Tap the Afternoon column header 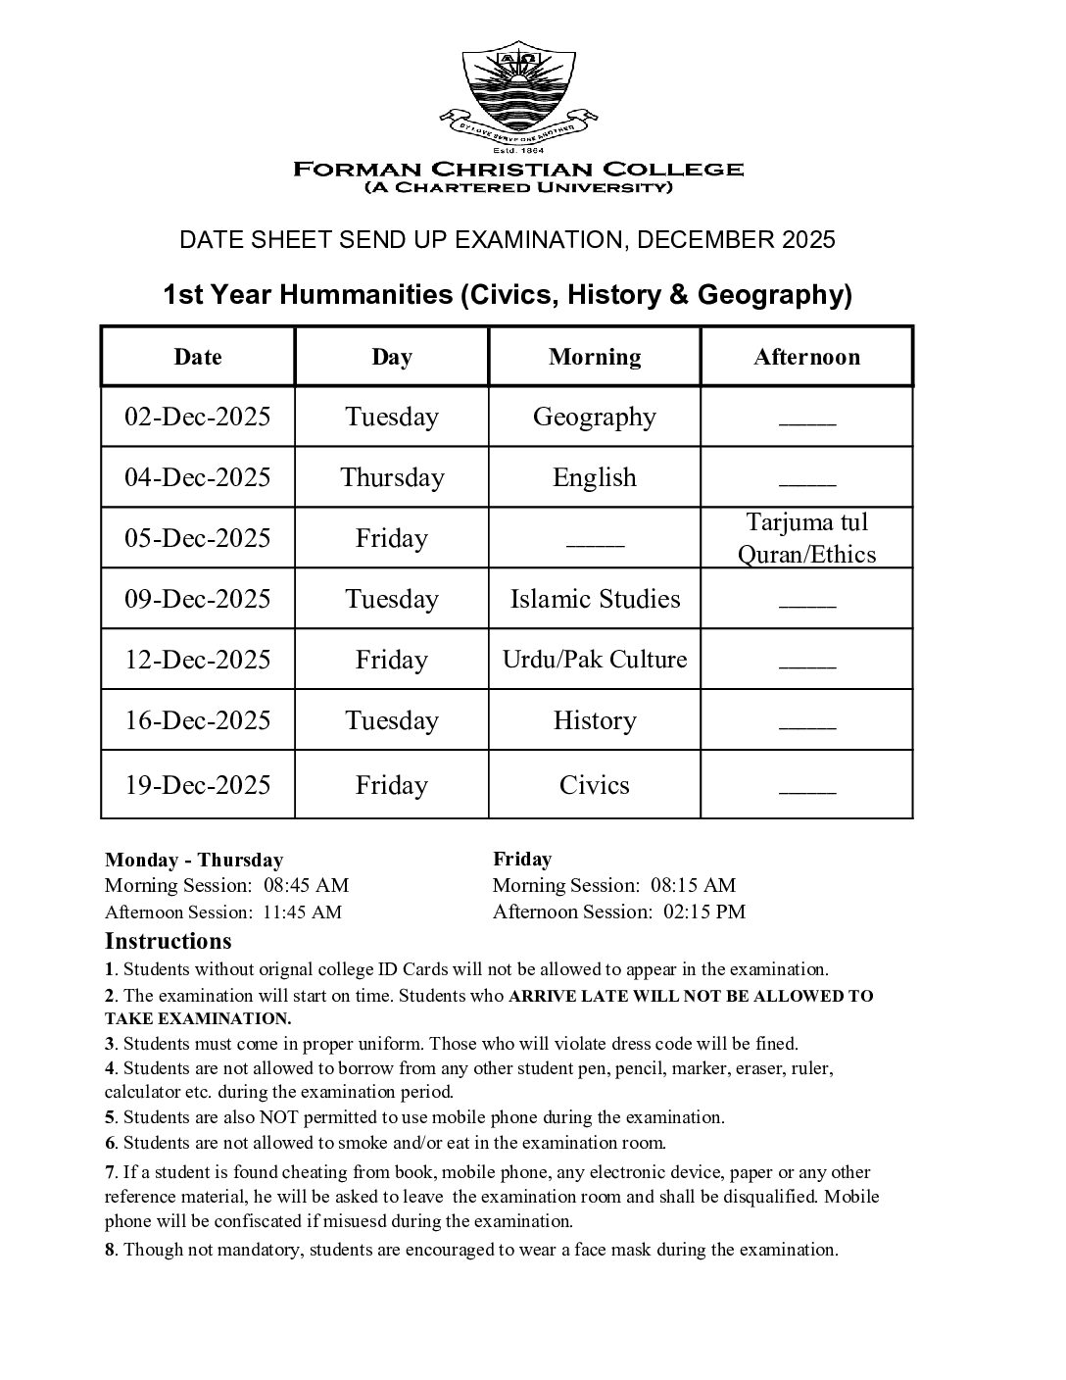(x=806, y=357)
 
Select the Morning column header (x=595, y=357)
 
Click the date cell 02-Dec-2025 (x=197, y=417)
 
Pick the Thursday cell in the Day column (x=392, y=477)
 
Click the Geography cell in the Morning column (x=595, y=417)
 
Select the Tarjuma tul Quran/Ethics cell (x=806, y=538)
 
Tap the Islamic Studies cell (x=595, y=599)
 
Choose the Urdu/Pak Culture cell (x=595, y=660)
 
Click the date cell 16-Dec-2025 (x=197, y=720)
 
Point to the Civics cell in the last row (x=595, y=785)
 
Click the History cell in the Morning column (x=595, y=720)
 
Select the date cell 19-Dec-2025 (x=197, y=785)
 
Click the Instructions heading (x=169, y=942)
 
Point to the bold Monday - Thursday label (x=194, y=861)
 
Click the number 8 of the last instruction (x=110, y=1250)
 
